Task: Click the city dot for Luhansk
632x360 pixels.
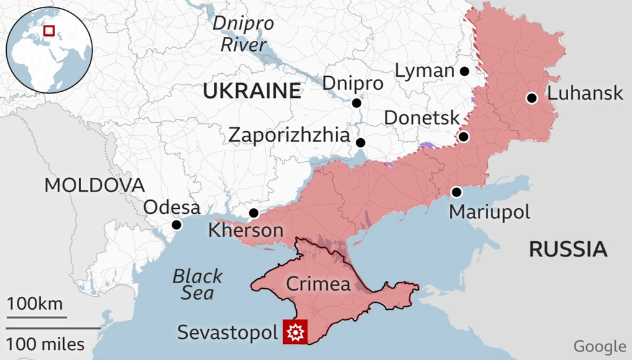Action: tap(531, 98)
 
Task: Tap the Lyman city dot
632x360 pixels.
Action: tap(464, 71)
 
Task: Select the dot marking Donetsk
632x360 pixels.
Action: tap(463, 137)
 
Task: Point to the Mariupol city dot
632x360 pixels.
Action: tap(457, 192)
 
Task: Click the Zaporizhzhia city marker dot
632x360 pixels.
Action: tap(361, 143)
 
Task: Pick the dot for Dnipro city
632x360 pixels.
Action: tap(356, 103)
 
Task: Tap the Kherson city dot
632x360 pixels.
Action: tap(253, 213)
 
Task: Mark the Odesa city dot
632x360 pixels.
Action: tap(177, 225)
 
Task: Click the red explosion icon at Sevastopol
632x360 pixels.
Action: tap(295, 332)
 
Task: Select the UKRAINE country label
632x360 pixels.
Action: tap(252, 92)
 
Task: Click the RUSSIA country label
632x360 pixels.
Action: tap(567, 249)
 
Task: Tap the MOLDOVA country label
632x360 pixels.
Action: tap(94, 185)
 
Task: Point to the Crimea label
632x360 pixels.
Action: tap(318, 284)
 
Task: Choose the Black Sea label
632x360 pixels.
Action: tap(197, 284)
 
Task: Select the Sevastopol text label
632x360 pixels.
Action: tap(227, 332)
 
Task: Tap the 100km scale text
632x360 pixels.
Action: tap(35, 304)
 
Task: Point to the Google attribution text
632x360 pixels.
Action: tap(599, 346)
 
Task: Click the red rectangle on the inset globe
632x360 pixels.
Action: tap(48, 30)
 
